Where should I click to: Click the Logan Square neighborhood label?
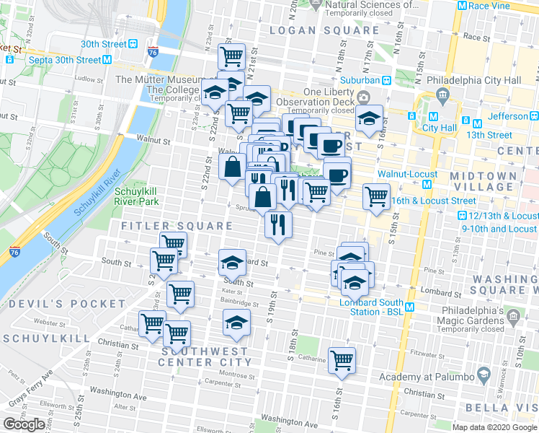coord(324,30)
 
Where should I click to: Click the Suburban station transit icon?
coord(387,79)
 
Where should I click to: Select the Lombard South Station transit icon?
coord(409,307)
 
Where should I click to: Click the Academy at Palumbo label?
coord(425,377)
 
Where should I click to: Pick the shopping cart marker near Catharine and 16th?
coord(342,360)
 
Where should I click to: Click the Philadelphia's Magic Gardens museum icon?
coord(512,316)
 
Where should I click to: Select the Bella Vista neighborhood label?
coord(510,410)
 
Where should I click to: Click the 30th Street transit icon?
coord(133,44)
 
